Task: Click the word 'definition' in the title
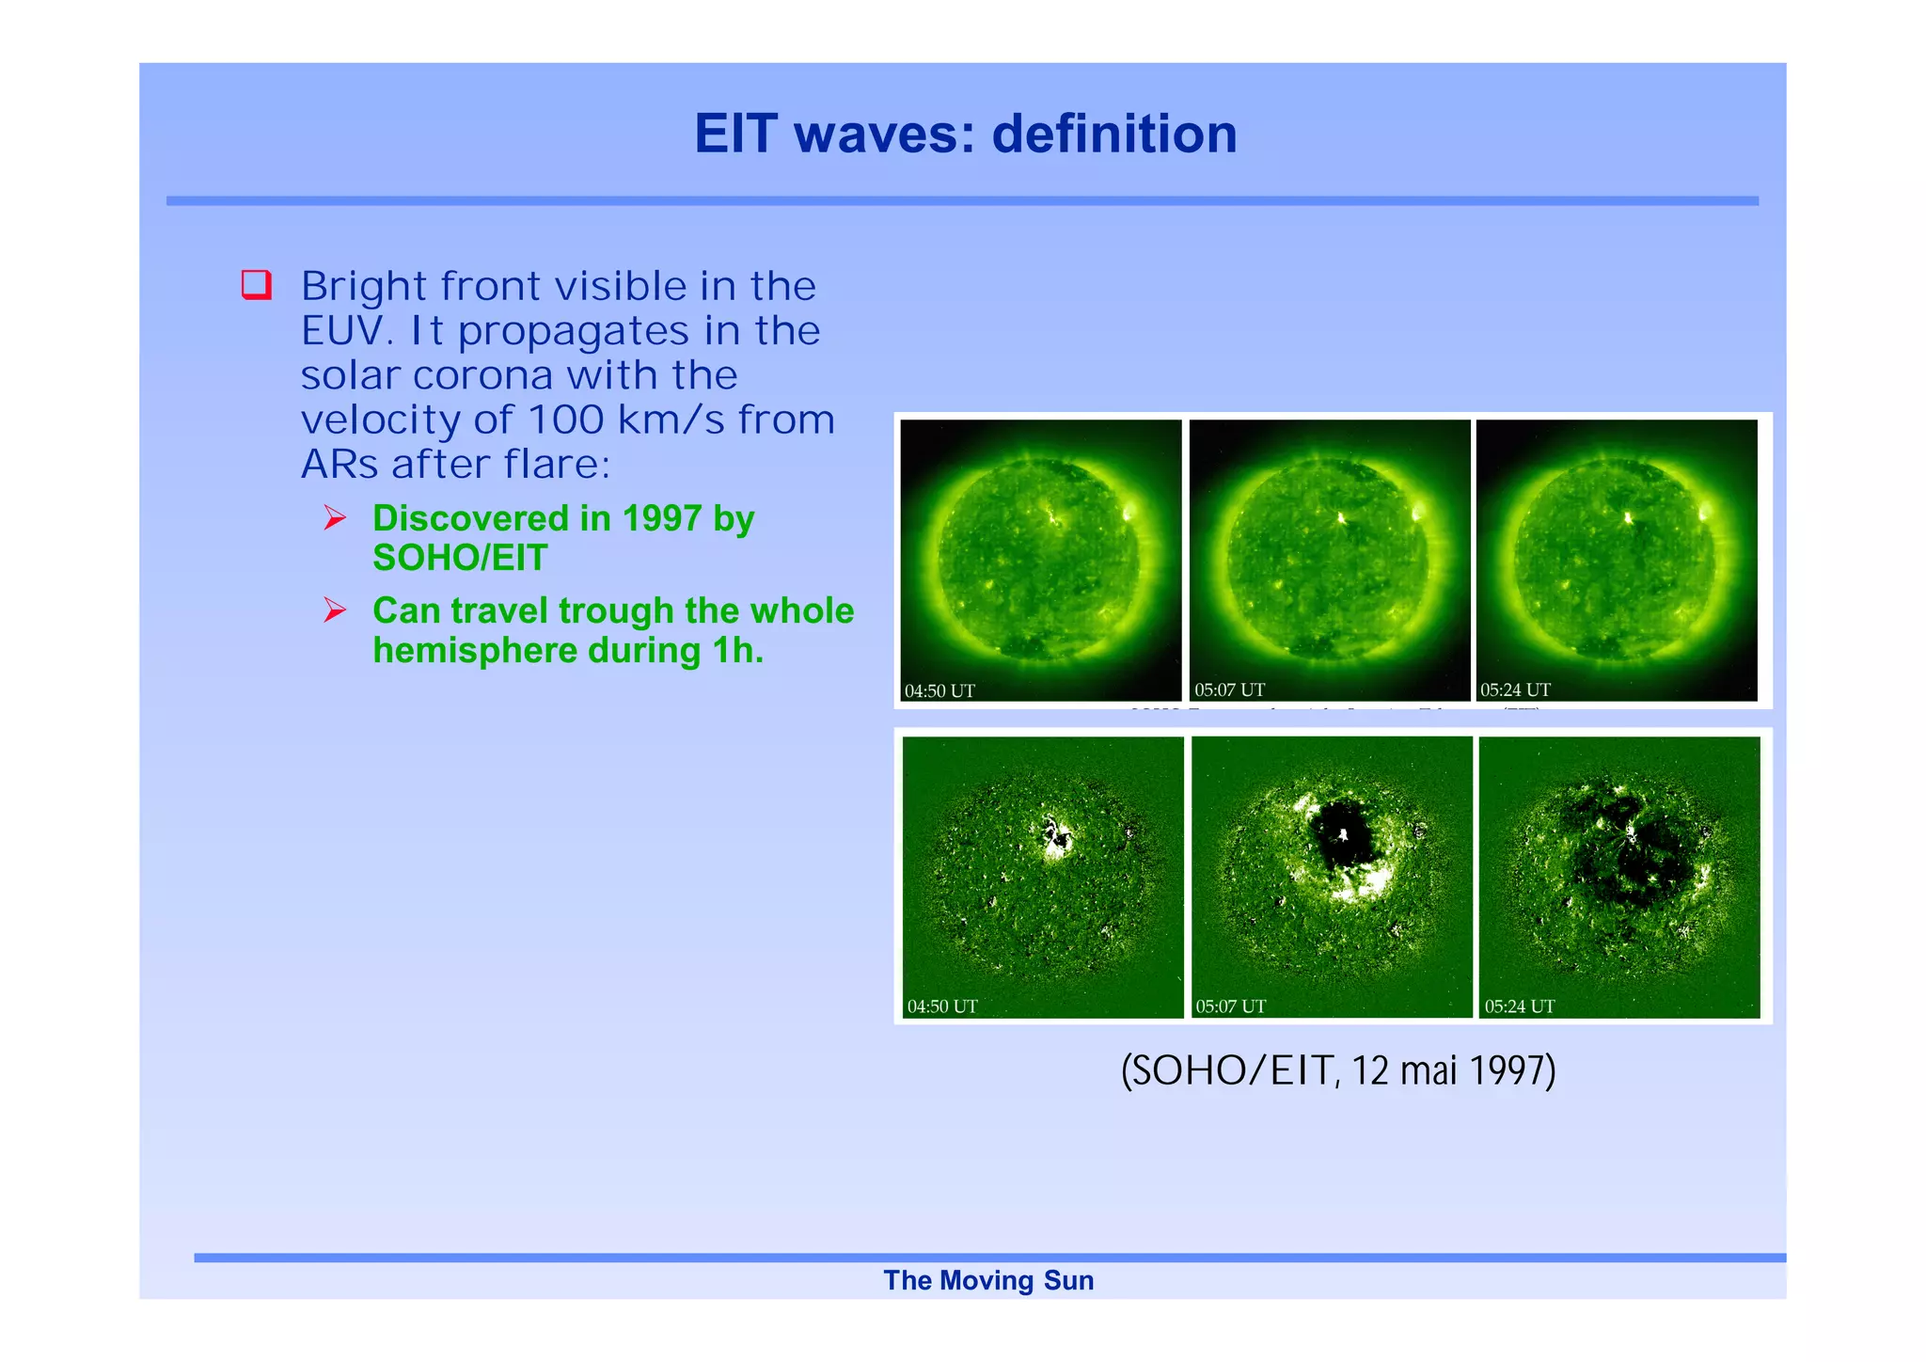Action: click(x=1114, y=134)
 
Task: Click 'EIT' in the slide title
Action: click(x=736, y=134)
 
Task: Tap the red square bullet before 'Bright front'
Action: click(x=256, y=284)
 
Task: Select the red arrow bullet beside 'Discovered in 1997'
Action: click(x=335, y=517)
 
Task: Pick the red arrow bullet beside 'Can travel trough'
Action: click(x=335, y=610)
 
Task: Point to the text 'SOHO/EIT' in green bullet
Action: click(x=459, y=558)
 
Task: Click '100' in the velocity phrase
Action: click(x=565, y=420)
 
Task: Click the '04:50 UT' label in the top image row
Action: click(x=939, y=690)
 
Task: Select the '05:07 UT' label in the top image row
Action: click(x=1229, y=689)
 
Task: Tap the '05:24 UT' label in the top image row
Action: click(x=1515, y=689)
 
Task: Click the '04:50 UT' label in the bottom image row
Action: click(x=941, y=1006)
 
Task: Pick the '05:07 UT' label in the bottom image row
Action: click(x=1230, y=1006)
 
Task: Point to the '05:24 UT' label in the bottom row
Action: click(x=1519, y=1006)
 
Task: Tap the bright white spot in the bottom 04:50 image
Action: click(x=1056, y=838)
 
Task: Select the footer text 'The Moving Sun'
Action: click(x=988, y=1280)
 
